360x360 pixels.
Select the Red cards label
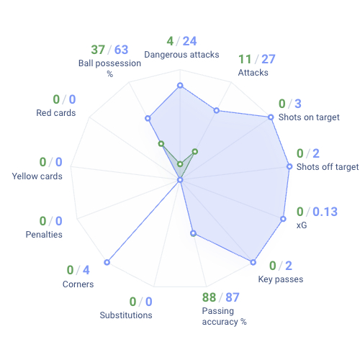point(56,113)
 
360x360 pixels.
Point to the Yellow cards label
point(37,176)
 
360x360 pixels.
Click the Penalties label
point(44,235)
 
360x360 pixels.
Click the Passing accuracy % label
point(224,316)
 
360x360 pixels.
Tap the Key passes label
point(280,279)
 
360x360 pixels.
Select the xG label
point(302,225)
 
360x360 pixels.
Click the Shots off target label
point(327,167)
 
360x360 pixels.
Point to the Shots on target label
point(309,117)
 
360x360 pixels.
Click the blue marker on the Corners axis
point(107,262)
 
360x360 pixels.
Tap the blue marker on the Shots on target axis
point(271,117)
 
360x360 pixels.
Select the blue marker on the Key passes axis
point(253,261)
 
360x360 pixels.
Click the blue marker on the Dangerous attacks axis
point(180,86)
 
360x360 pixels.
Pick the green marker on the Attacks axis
point(195,151)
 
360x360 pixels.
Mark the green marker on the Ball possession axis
point(161,143)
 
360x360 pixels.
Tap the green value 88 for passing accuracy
point(209,297)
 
